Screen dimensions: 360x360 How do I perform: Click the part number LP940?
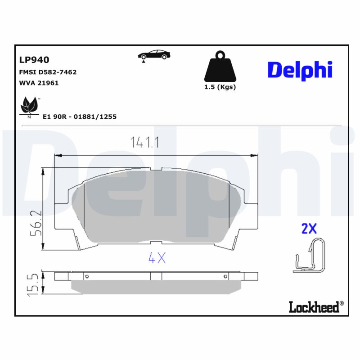tap(34, 60)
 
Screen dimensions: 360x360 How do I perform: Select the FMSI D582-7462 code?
tap(48, 72)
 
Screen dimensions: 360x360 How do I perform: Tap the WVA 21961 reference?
tap(39, 83)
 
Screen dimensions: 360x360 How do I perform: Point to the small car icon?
tap(154, 55)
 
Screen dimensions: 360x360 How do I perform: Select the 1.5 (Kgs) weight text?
tap(220, 87)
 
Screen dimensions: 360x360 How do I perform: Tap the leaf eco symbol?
tap(30, 106)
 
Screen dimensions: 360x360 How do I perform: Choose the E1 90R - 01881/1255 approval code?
tap(79, 117)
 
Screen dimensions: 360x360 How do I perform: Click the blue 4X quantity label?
tap(157, 258)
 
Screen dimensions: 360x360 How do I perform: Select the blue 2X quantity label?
tap(309, 229)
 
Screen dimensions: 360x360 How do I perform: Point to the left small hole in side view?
tap(87, 276)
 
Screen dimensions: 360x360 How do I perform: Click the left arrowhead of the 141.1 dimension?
tap(57, 156)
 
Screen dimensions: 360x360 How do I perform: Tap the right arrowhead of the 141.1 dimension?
tap(256, 156)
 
